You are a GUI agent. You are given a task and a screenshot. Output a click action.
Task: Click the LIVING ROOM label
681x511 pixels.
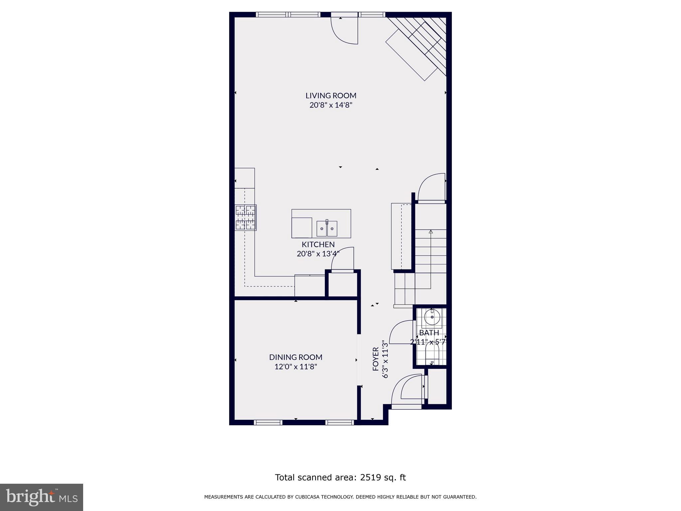coord(331,95)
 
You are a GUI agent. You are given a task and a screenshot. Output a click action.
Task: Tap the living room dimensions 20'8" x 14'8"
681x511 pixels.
coord(331,105)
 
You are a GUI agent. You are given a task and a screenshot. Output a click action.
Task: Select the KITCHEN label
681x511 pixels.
coord(318,245)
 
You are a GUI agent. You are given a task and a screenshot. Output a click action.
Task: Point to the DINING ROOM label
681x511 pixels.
coord(296,357)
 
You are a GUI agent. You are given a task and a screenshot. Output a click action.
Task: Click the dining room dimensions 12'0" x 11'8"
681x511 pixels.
coord(296,367)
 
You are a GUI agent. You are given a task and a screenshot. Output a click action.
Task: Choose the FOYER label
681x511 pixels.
coord(376,359)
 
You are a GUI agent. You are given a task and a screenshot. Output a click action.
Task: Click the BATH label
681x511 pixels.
coord(429,333)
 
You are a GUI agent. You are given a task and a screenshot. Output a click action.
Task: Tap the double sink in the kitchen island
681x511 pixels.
coord(327,228)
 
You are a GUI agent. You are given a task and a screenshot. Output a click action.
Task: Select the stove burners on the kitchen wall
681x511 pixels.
coord(245,218)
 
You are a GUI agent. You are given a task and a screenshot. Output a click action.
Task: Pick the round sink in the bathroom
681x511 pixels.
coord(432,317)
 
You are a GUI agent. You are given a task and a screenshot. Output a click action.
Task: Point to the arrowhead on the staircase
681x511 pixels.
coord(431,232)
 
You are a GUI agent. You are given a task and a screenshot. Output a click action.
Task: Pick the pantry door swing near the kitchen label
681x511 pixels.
coord(342,259)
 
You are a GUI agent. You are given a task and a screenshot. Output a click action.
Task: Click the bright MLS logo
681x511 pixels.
coord(42,497)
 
